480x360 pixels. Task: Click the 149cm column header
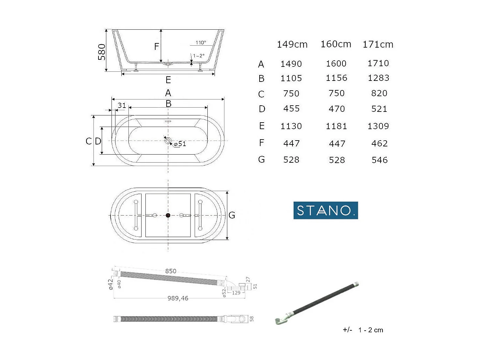coord(292,45)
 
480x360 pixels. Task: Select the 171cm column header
coord(378,45)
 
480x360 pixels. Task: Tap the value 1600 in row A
coord(336,64)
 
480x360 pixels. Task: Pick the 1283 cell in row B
coord(379,78)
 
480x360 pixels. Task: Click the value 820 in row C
coord(379,93)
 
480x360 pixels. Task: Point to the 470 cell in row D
coord(337,109)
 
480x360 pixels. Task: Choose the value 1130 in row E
coord(291,126)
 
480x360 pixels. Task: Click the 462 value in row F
coord(380,143)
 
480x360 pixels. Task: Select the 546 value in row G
coord(380,160)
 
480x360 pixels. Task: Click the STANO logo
coord(326,210)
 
